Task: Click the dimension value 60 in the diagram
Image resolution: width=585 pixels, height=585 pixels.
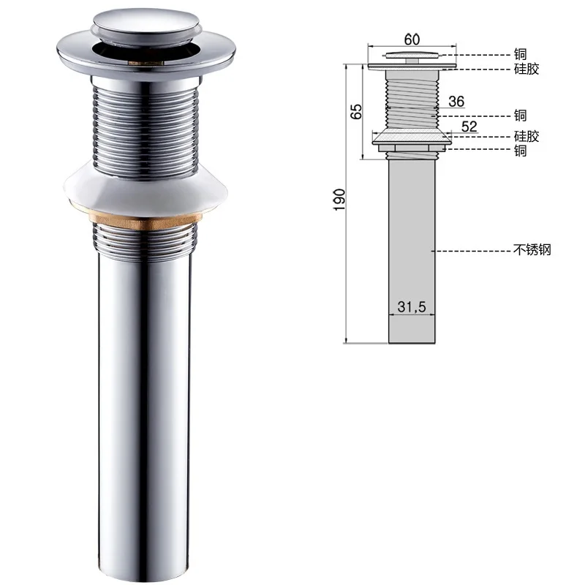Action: point(412,39)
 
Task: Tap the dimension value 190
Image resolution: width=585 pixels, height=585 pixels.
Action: point(339,200)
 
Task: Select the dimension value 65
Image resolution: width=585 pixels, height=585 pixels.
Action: point(356,112)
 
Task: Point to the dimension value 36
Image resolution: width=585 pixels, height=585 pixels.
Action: point(456,102)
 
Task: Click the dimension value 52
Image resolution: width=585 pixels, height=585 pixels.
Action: point(469,127)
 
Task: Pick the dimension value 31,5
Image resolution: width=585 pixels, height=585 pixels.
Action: point(412,306)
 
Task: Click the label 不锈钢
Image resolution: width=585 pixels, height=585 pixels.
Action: point(532,249)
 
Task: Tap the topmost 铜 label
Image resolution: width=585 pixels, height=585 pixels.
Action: point(520,54)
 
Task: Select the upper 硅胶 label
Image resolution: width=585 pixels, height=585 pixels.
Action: point(526,69)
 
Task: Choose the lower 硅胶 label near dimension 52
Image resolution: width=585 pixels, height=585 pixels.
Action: point(526,137)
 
